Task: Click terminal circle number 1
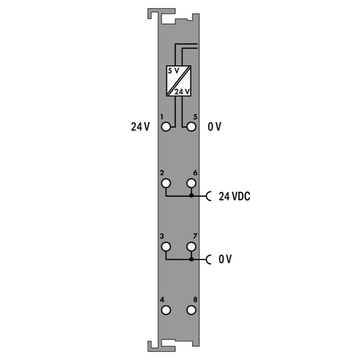pyautogui.click(x=166, y=127)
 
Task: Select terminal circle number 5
pyautogui.click(x=191, y=127)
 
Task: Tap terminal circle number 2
pyautogui.click(x=166, y=183)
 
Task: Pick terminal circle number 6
pyautogui.click(x=191, y=183)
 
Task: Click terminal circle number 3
pyautogui.click(x=166, y=247)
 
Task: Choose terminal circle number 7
pyautogui.click(x=191, y=247)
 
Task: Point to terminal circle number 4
pyautogui.click(x=166, y=310)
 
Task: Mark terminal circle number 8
pyautogui.click(x=191, y=310)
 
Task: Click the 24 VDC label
pyautogui.click(x=234, y=196)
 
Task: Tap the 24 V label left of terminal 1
pyautogui.click(x=140, y=127)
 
